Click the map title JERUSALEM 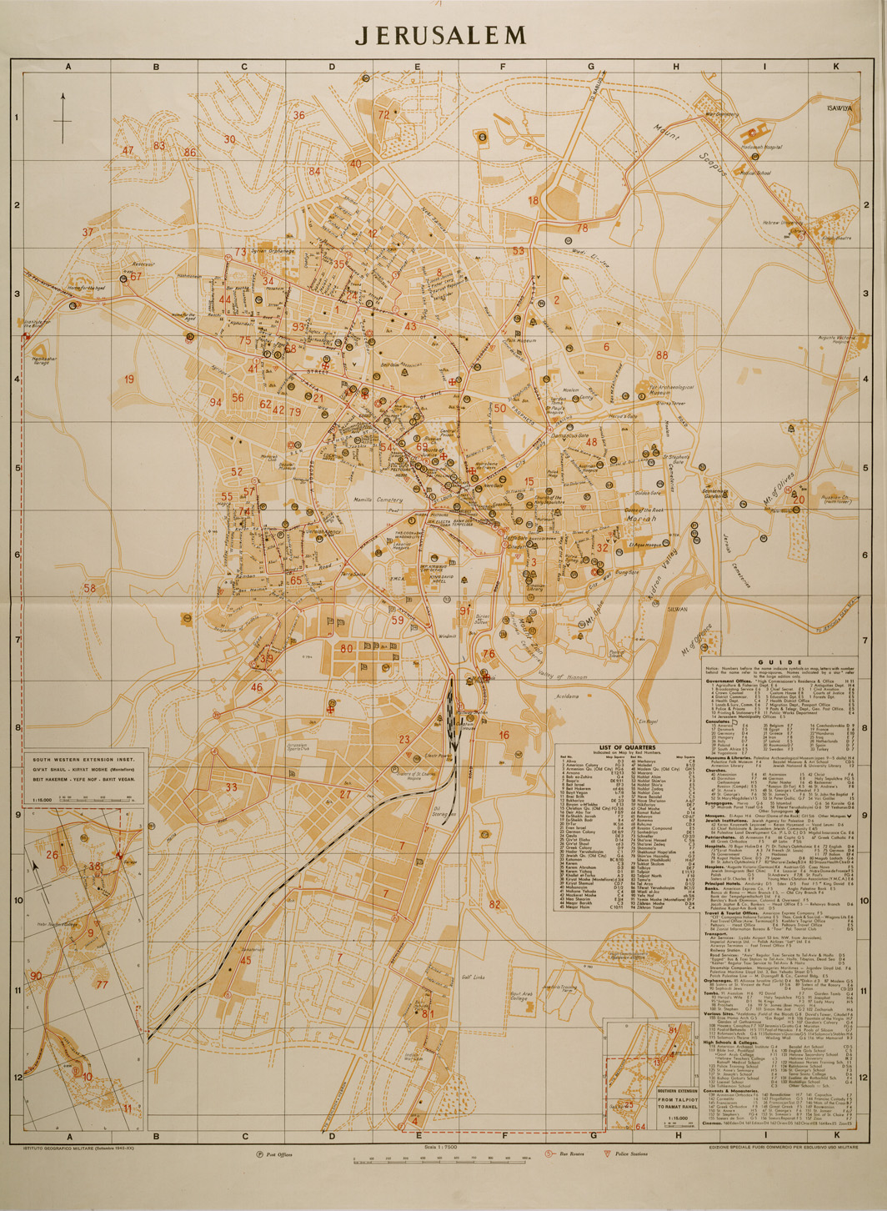pos(441,35)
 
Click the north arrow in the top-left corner pos(63,118)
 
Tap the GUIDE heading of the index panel pos(780,661)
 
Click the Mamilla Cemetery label pos(378,500)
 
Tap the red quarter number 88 pos(662,355)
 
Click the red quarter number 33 pos(231,786)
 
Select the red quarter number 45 pos(245,960)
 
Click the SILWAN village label pos(677,610)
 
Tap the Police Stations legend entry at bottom pos(632,1154)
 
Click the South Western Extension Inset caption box pos(83,767)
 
